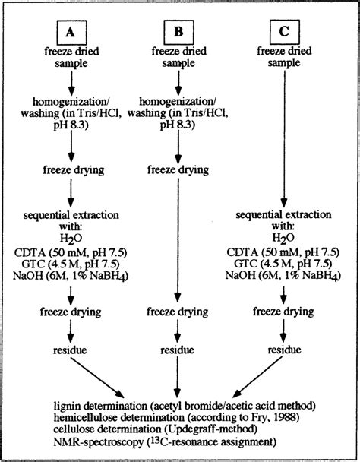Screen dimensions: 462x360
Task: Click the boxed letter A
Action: pos(70,31)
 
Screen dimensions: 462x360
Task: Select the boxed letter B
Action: pos(176,31)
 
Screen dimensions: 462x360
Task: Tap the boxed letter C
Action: pos(283,31)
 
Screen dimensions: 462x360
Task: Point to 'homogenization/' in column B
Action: pos(176,101)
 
